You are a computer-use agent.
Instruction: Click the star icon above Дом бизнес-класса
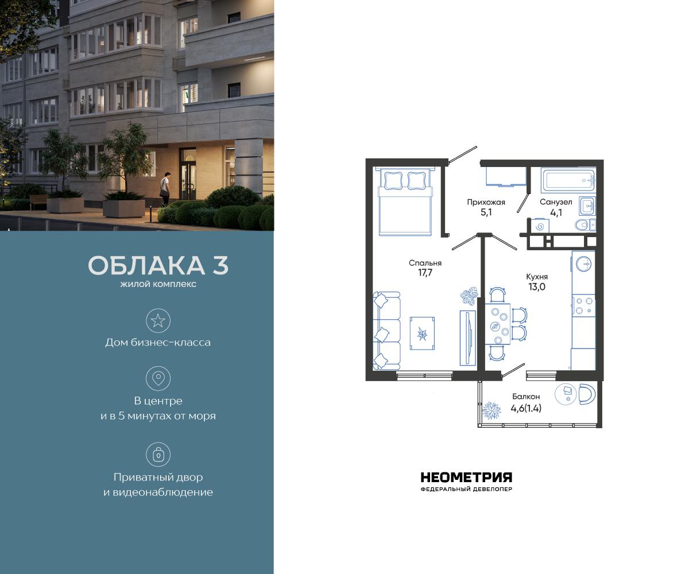pos(158,320)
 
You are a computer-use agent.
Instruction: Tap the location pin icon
pos(158,378)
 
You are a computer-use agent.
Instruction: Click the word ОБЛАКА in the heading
pos(141,266)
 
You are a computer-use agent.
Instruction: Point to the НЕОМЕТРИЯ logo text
pos(466,478)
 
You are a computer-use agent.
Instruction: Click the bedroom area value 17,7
pos(425,273)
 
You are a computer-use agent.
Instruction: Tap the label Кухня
pos(537,276)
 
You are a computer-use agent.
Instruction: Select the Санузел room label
pos(556,202)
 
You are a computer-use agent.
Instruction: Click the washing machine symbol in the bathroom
pos(539,226)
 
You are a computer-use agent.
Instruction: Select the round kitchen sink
pos(583,263)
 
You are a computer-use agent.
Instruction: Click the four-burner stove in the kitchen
pos(583,305)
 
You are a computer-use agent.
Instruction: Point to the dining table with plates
pos(497,324)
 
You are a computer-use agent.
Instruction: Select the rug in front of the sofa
pos(422,332)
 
